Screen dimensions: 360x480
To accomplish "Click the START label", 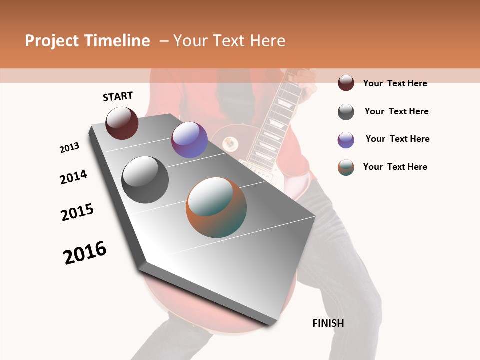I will coord(118,96).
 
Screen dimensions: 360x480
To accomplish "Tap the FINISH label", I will coord(328,323).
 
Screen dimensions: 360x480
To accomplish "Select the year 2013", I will coord(69,148).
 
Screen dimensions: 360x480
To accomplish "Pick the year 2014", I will coord(73,177).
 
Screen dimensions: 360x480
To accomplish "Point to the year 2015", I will coord(77,212).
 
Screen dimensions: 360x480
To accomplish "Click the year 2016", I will coord(85,253).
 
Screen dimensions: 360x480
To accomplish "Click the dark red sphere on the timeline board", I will coord(122,123).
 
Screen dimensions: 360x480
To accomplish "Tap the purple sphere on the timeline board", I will coord(189,140).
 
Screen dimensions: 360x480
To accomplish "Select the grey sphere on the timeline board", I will coord(145,180).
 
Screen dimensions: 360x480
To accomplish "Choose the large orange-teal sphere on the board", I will coord(216,207).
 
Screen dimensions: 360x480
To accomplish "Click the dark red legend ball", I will coord(346,83).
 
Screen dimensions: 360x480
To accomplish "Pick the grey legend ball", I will coord(346,112).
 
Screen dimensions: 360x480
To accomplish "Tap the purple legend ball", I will coord(346,140).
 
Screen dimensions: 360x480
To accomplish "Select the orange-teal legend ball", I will coord(346,167).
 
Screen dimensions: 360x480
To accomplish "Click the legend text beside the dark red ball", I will coord(395,83).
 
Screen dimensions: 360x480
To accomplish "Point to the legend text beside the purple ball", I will coord(397,139).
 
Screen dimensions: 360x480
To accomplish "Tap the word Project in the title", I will coord(52,41).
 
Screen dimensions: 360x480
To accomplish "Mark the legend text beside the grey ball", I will coord(396,111).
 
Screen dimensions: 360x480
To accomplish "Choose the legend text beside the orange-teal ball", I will coord(395,167).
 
